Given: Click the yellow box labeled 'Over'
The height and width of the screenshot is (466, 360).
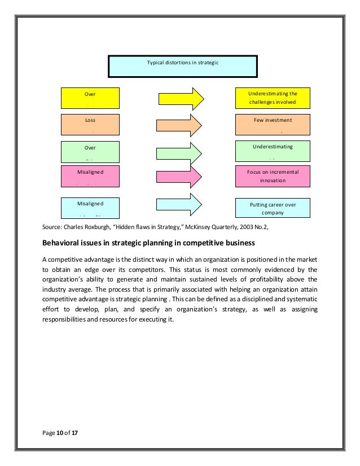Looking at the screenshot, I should click(x=90, y=97).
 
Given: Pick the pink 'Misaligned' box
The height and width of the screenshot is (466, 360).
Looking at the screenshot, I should click(x=90, y=175).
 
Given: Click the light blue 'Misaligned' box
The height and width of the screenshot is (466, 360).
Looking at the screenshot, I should click(x=90, y=206).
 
